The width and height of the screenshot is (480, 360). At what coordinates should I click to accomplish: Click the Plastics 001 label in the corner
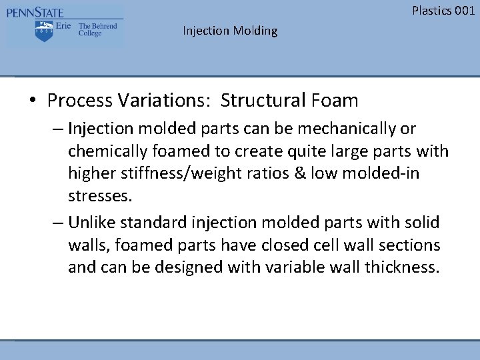click(x=443, y=10)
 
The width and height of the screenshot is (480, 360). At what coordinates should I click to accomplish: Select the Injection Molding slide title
click(x=230, y=31)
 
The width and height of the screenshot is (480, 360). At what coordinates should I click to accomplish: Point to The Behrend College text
click(x=97, y=30)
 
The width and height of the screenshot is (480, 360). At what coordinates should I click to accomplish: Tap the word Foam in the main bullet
click(x=334, y=101)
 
